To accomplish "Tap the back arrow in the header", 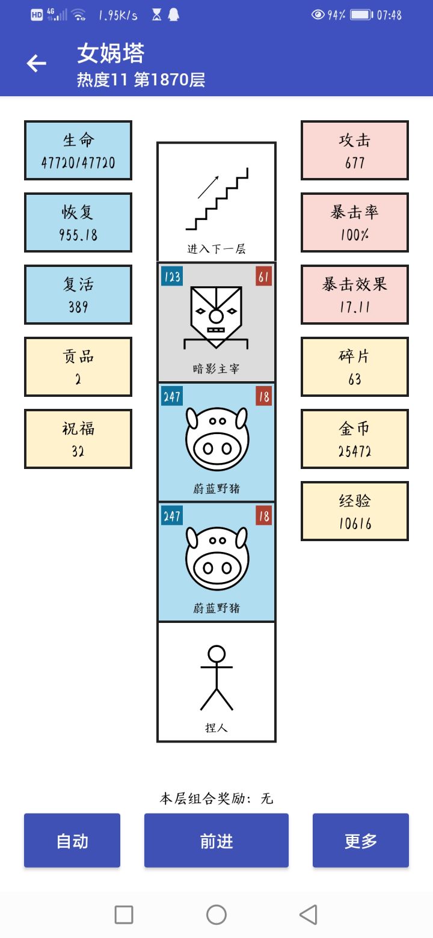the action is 37,63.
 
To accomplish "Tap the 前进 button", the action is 216,840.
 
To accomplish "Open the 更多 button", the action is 361,840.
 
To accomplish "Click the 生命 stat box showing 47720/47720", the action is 78,150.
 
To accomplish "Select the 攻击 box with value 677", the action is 355,150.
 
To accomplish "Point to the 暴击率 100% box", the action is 355,222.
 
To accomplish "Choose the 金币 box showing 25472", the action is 355,439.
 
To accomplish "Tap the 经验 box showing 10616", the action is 355,511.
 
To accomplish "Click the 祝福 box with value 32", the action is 78,439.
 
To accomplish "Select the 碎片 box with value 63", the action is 355,367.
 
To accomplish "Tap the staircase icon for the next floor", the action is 217,199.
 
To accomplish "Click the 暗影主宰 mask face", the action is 216,317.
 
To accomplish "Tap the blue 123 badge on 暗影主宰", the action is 171,277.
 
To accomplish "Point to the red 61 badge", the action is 264,277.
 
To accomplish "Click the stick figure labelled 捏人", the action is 216,678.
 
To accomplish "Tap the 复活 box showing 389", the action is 78,295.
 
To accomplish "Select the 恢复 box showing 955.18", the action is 78,222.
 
